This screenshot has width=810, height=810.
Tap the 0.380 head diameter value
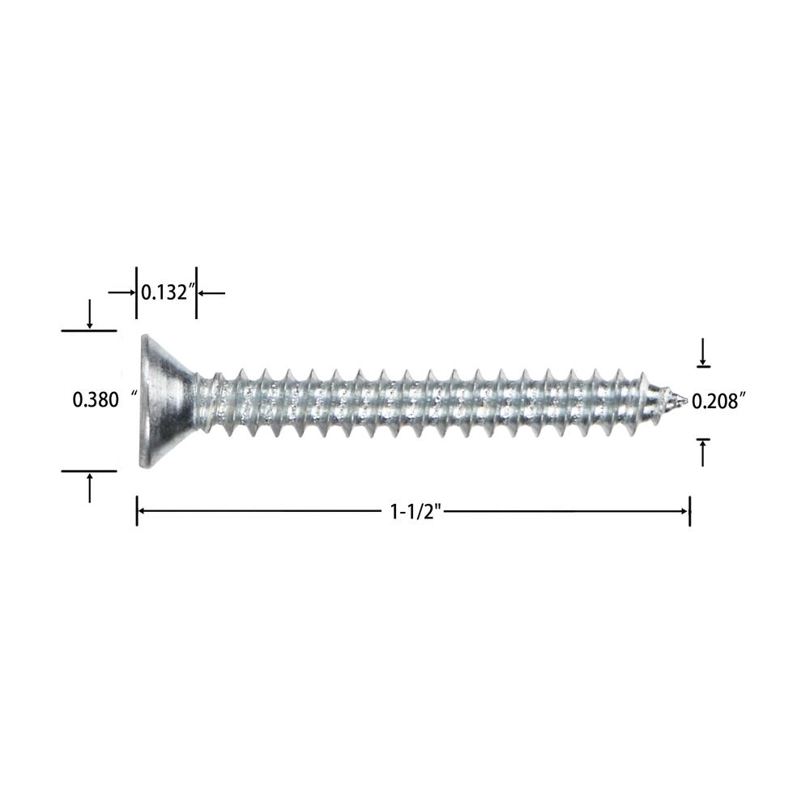click(96, 400)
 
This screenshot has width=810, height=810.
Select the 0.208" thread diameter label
click(718, 401)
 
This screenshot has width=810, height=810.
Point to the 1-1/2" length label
click(416, 512)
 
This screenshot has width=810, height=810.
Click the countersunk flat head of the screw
click(165, 400)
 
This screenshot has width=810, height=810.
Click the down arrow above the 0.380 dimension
click(90, 314)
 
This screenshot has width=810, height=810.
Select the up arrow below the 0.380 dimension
click(90, 488)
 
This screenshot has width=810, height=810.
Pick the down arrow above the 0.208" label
click(702, 352)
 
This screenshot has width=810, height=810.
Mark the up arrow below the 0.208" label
click(702, 453)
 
